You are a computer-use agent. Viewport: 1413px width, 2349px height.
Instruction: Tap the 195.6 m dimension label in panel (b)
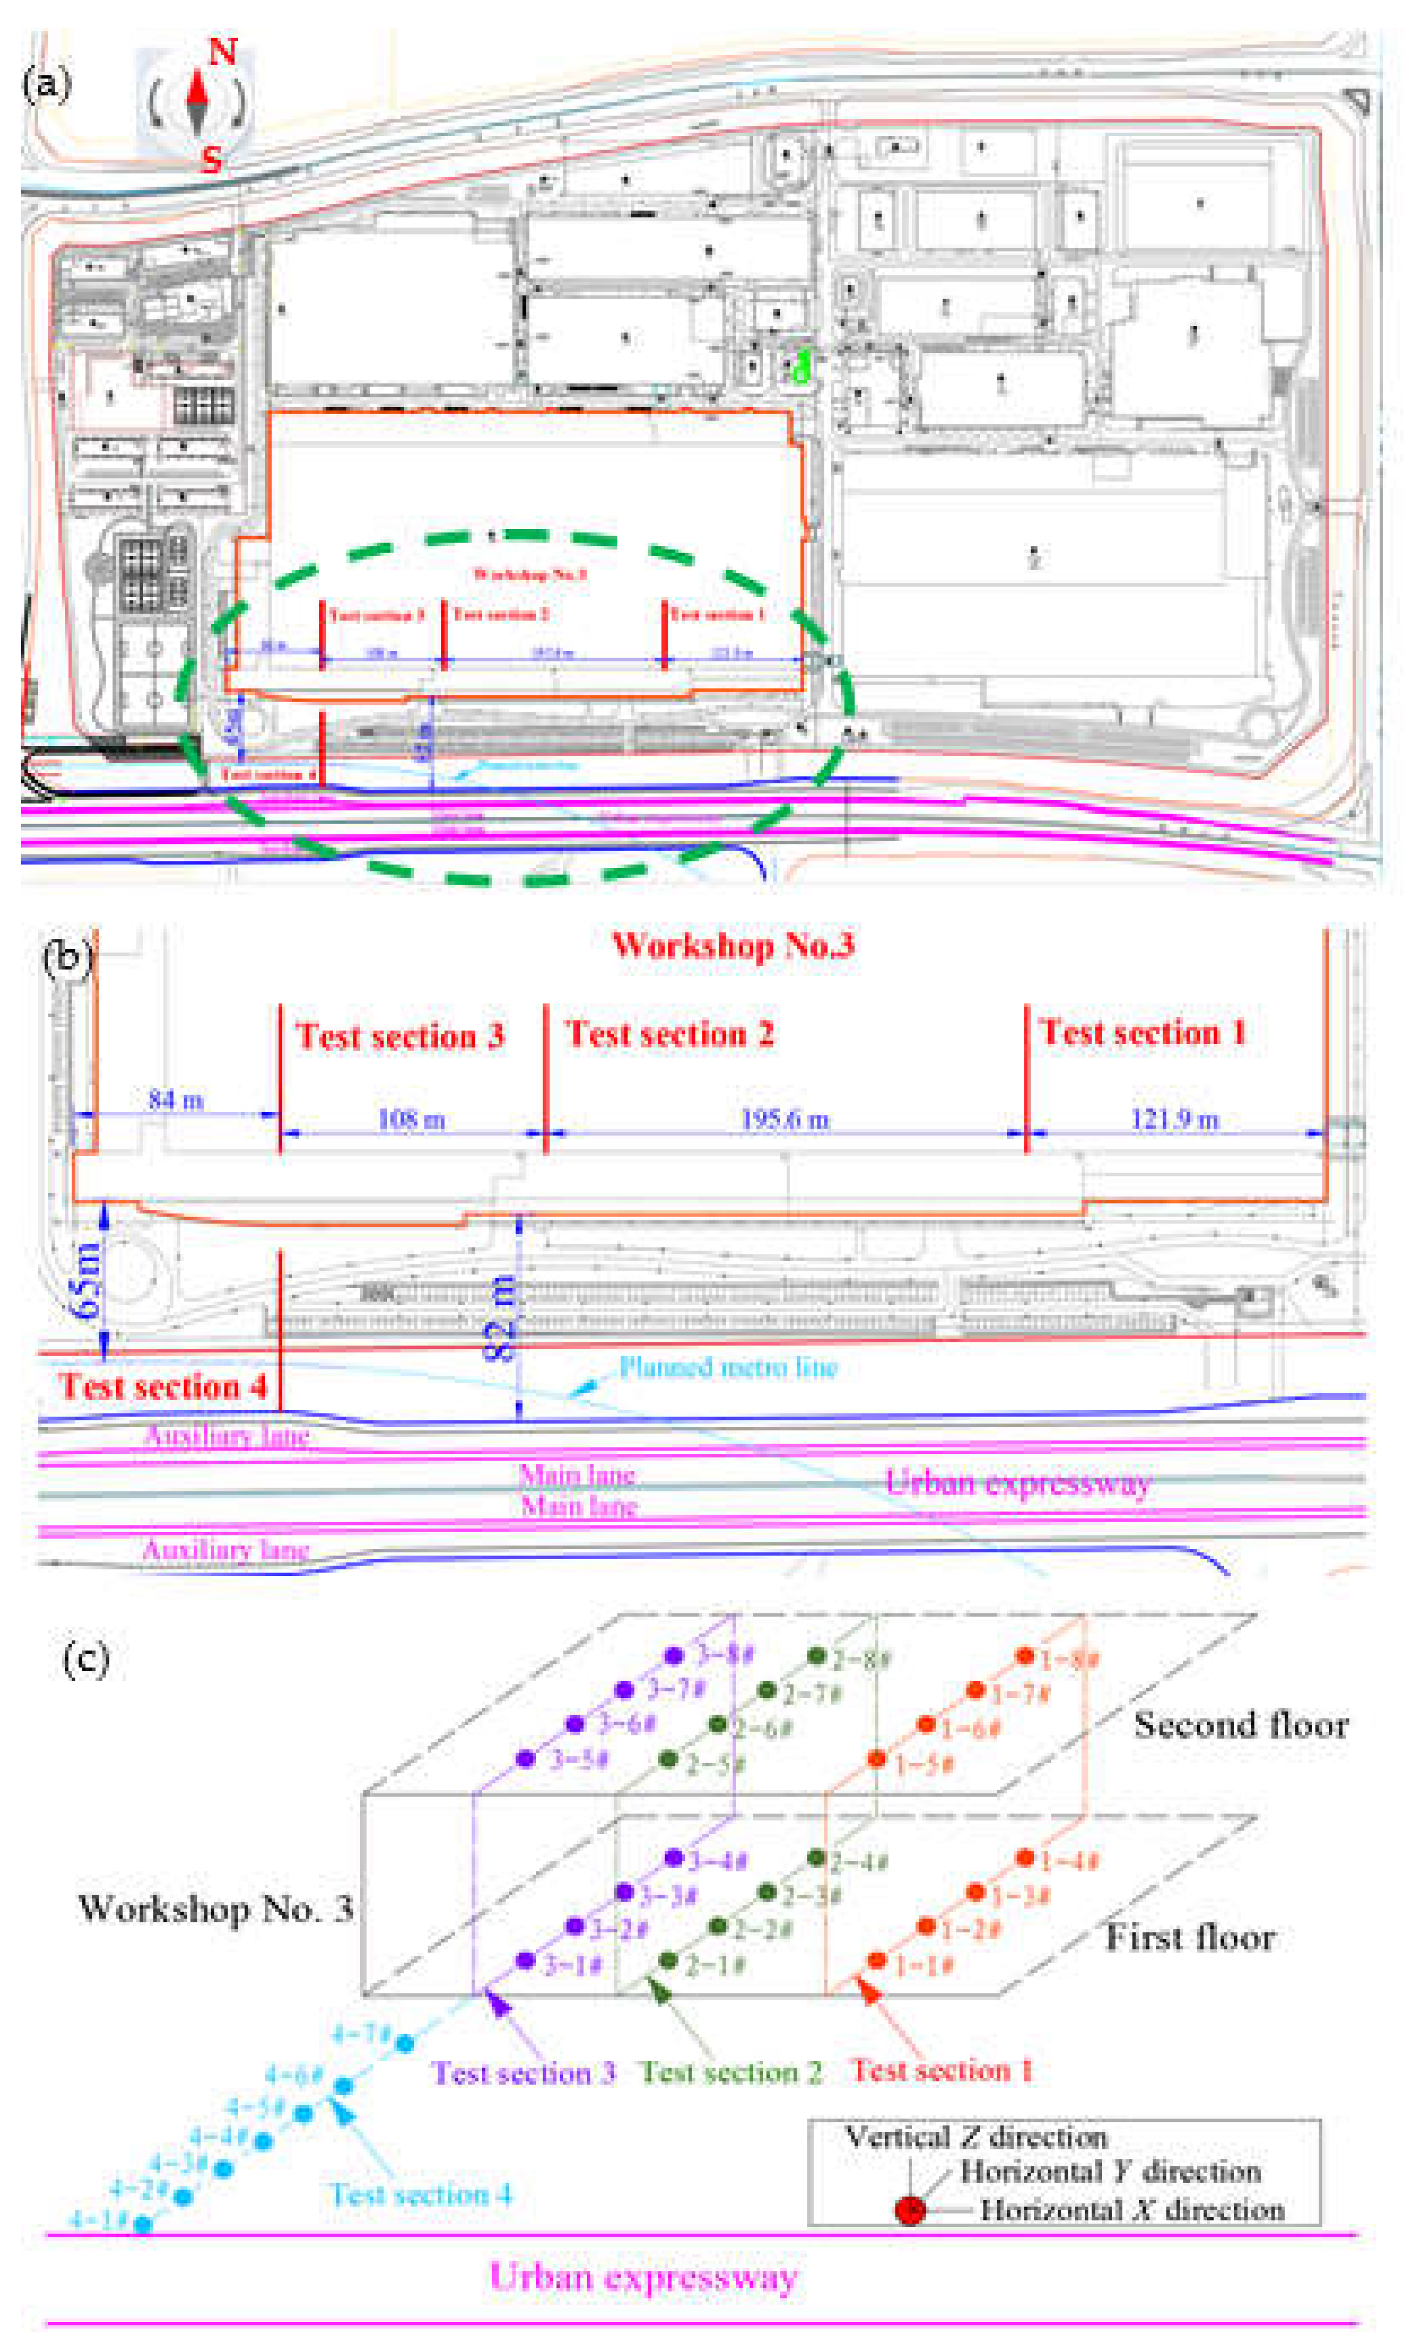coord(785,1120)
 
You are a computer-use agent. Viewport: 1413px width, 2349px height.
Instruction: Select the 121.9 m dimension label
coord(1174,1120)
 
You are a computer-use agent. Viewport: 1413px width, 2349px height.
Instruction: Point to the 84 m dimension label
coord(175,1101)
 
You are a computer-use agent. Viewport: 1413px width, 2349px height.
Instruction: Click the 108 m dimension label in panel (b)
coord(411,1120)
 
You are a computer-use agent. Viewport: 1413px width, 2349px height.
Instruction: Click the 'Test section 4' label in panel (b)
coord(163,1386)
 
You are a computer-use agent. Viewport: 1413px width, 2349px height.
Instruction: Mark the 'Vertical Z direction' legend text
coord(976,2138)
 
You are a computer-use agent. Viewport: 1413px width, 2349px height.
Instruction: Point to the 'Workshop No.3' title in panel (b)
coord(733,945)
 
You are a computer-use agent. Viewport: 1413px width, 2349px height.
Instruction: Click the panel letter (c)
coord(86,1659)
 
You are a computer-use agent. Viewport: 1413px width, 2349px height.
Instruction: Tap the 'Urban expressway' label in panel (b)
coord(1018,1483)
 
